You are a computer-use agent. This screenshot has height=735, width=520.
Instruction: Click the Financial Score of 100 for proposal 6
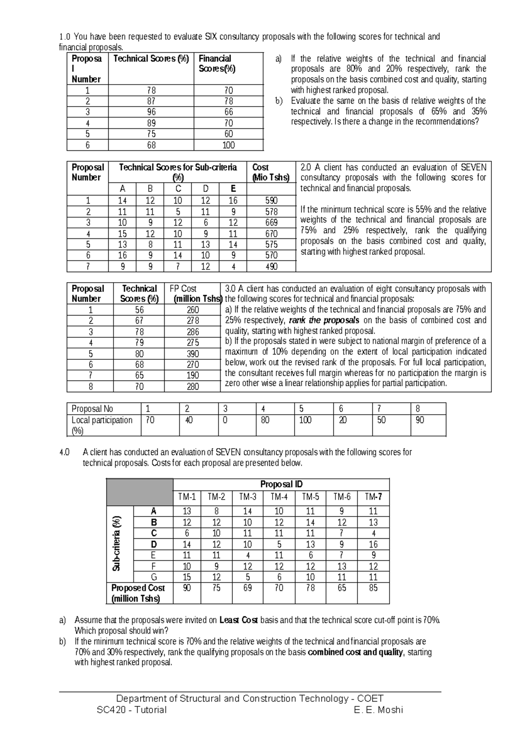228,145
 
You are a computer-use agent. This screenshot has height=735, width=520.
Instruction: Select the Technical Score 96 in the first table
151,112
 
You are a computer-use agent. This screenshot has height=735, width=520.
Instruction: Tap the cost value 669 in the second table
271,223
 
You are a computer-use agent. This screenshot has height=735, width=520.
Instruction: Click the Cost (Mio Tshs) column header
271,172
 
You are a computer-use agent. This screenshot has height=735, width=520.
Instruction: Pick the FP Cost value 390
192,354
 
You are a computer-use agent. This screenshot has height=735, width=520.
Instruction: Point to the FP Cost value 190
192,376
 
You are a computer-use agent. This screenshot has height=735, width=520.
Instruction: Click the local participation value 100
305,420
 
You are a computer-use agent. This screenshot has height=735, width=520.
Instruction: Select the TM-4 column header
279,497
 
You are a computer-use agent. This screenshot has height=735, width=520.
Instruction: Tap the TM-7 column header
373,497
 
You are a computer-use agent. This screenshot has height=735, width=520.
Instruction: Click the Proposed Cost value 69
247,588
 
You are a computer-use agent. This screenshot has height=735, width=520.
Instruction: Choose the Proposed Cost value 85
373,588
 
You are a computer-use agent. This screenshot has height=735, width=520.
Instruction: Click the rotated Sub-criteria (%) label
117,543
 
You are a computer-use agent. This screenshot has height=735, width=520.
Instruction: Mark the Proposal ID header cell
281,484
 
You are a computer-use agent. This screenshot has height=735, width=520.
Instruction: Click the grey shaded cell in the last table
140,492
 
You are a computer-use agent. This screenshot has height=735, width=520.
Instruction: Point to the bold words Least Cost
239,620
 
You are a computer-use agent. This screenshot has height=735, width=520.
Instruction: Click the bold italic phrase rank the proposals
324,320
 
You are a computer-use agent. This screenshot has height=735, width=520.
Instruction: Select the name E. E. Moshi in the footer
378,710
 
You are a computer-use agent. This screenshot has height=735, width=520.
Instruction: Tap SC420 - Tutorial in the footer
132,710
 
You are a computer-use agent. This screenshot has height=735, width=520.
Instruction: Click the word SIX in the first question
211,37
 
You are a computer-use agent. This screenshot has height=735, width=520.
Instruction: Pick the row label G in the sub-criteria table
153,577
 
